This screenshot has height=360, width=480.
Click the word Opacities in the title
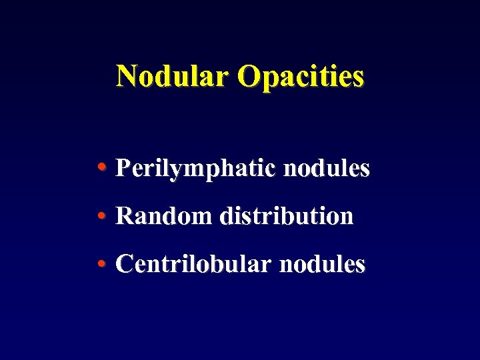click(301, 76)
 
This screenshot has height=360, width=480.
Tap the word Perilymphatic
click(195, 169)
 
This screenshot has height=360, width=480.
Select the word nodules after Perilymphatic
click(326, 168)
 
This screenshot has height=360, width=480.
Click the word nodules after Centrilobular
click(322, 264)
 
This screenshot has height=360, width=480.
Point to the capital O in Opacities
click(249, 76)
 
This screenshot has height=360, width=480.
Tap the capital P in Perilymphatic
click(123, 168)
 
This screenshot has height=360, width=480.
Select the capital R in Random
click(124, 216)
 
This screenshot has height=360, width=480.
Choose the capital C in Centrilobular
click(124, 264)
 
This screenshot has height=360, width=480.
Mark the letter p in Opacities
click(269, 79)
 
